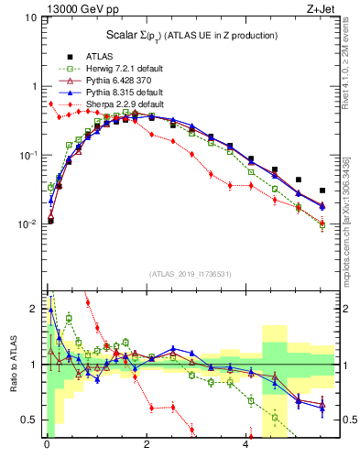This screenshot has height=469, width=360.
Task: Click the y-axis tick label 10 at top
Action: [30, 18]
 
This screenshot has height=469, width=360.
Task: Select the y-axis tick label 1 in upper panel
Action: [34, 86]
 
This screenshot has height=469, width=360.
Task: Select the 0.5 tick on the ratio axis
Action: [30, 420]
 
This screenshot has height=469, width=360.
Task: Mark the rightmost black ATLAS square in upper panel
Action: [322, 191]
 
